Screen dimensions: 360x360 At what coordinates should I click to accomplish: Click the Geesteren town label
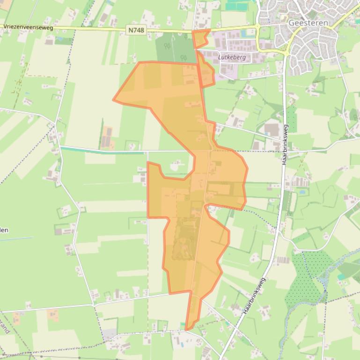(x=308, y=22)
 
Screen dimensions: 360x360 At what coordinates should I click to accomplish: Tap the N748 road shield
(x=136, y=30)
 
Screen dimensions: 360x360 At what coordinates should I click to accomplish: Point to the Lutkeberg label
(x=232, y=57)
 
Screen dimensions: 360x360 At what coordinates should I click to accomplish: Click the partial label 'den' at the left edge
(x=4, y=230)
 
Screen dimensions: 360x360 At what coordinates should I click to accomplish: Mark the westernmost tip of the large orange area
(x=113, y=100)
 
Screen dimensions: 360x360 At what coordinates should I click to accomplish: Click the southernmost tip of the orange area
(x=186, y=330)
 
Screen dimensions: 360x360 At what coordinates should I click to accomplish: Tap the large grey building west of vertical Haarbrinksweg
(x=272, y=129)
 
